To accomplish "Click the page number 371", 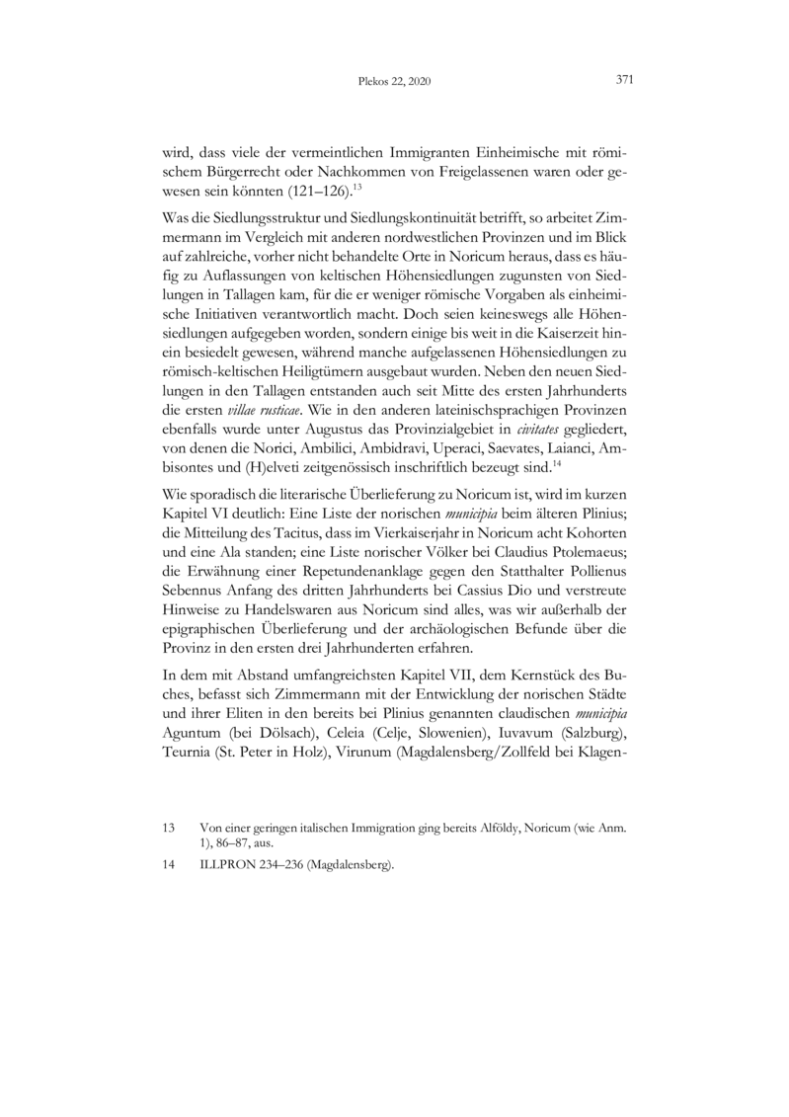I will pos(622,82).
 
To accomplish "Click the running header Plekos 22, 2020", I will pos(394,83).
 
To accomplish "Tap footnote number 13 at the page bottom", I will pos(167,831).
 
